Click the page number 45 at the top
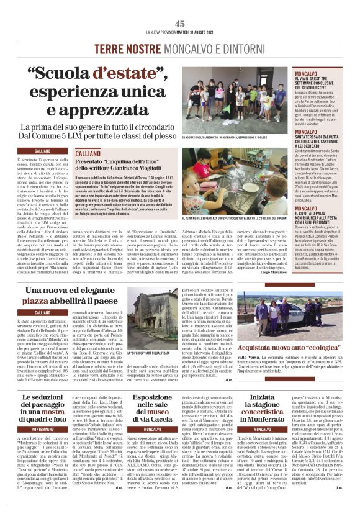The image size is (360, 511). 179,24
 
